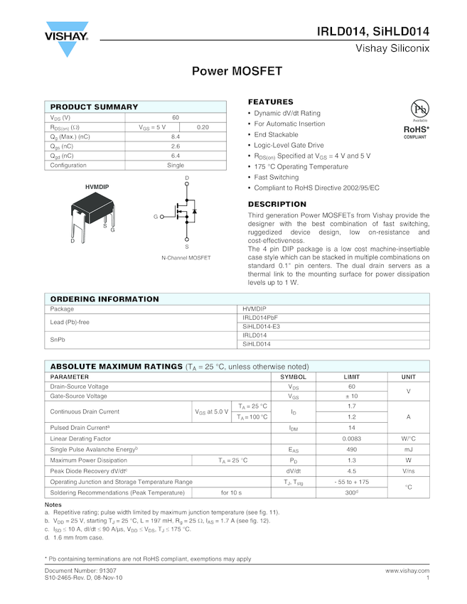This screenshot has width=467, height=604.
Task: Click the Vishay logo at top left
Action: [x=67, y=39]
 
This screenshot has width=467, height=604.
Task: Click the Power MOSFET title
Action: [x=237, y=72]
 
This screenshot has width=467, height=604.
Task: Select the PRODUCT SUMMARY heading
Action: [x=94, y=107]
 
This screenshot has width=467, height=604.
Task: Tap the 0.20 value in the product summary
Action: [x=203, y=126]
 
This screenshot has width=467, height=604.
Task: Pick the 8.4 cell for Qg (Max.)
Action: [x=176, y=136]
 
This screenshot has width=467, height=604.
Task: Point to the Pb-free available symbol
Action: [x=419, y=110]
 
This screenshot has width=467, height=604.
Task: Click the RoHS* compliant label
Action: [x=417, y=131]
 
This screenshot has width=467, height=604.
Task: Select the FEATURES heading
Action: [x=270, y=102]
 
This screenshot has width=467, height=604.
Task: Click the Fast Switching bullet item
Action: [x=277, y=177]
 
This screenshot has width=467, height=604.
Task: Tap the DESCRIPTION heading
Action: [x=277, y=204]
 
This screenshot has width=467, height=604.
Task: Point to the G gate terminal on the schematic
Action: [x=156, y=216]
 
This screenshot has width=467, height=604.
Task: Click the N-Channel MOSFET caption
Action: [x=186, y=258]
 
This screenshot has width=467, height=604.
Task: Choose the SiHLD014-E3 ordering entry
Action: [x=262, y=326]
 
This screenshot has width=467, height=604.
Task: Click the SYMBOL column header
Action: [x=293, y=377]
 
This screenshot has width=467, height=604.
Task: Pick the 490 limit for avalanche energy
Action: [x=351, y=449]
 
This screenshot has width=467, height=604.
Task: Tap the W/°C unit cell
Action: [x=408, y=438]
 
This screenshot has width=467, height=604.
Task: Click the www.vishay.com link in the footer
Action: [x=407, y=570]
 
